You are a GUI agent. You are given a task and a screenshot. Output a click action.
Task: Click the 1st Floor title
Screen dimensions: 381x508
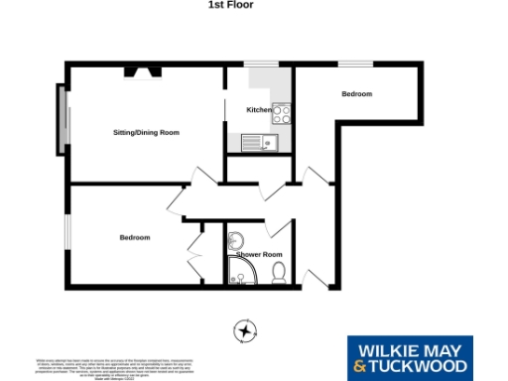[x=230, y=5]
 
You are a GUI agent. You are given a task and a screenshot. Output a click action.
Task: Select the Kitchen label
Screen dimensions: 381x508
[x=258, y=109]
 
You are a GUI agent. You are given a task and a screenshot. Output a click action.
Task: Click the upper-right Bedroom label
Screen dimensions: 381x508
[x=356, y=94]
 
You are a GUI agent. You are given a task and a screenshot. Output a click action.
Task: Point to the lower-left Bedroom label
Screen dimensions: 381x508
[x=135, y=238]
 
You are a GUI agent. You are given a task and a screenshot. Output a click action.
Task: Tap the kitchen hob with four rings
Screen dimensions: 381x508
[x=281, y=113]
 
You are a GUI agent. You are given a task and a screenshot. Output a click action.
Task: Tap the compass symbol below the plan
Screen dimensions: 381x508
[x=244, y=329]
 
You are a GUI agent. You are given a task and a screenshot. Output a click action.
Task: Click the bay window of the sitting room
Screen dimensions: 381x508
[x=60, y=120]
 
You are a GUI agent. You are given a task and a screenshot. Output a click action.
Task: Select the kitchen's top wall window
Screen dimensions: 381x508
[x=262, y=65]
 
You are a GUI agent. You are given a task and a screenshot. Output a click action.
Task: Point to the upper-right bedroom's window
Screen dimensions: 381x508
[x=354, y=65]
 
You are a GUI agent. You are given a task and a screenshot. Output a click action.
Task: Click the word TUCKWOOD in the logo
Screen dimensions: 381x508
[x=419, y=368]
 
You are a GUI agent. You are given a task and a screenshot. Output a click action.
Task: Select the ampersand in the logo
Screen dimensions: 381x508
[x=359, y=368]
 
